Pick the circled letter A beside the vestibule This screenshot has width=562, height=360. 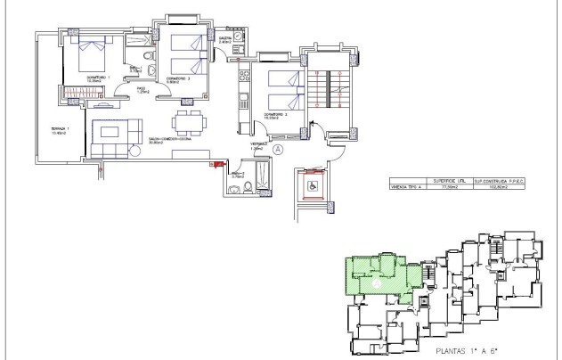click(x=278, y=151)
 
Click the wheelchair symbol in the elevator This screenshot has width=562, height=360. click(x=313, y=187)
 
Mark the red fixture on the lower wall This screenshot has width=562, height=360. click(x=214, y=163)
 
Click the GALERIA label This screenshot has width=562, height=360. click(x=225, y=40)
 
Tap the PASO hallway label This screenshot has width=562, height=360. click(x=141, y=90)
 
